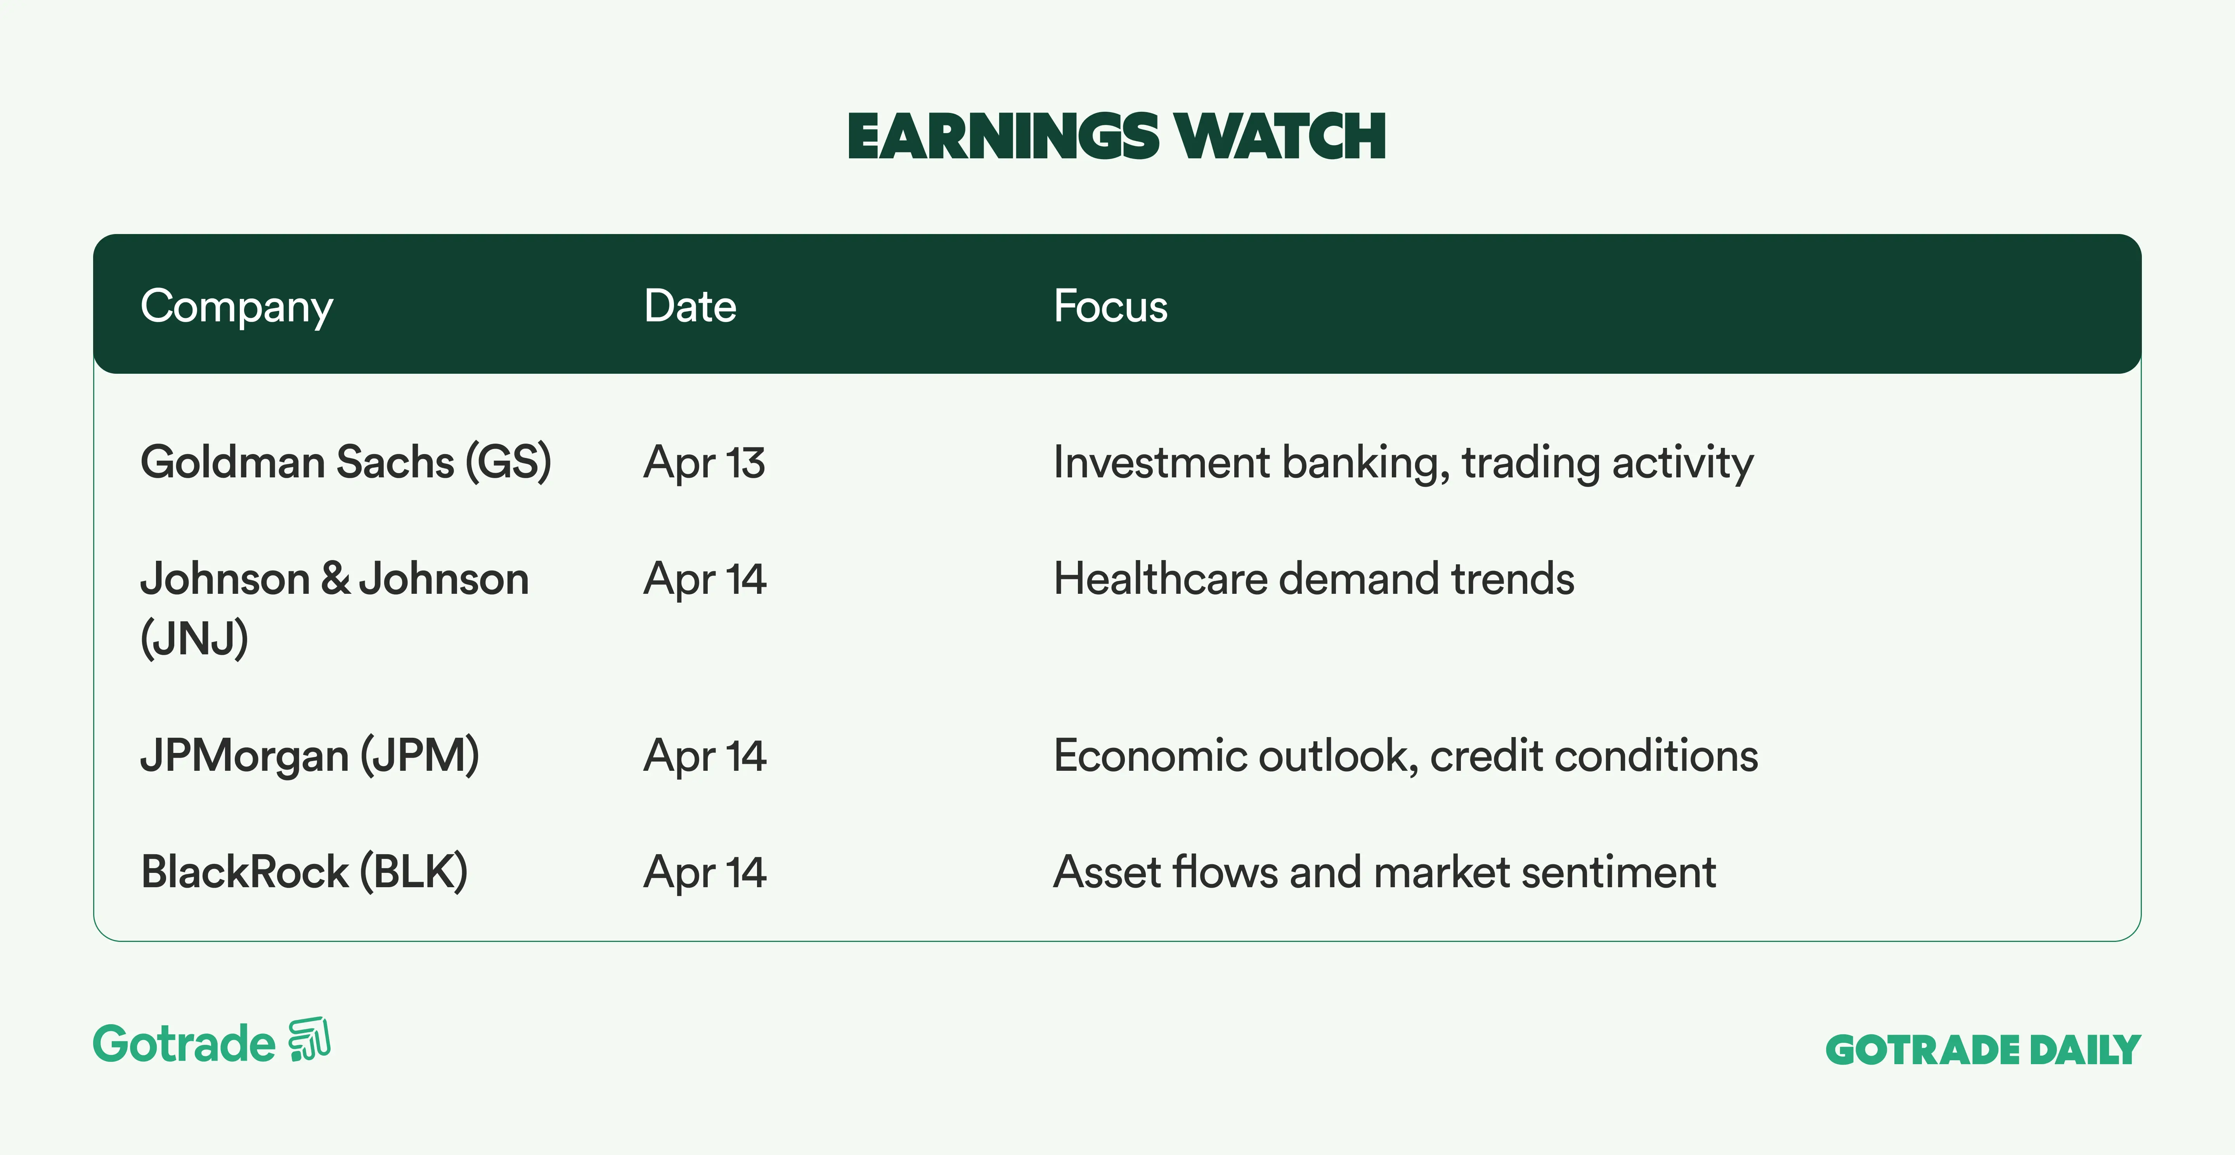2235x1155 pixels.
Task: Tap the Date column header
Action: (690, 306)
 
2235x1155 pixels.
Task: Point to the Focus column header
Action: (1111, 306)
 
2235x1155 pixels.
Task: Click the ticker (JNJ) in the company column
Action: (194, 639)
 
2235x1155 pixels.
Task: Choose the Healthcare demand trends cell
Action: (1313, 579)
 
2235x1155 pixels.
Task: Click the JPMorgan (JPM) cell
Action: (310, 756)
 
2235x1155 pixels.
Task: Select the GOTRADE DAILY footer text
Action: (1984, 1050)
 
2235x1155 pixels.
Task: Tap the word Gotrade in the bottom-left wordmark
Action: (184, 1043)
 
